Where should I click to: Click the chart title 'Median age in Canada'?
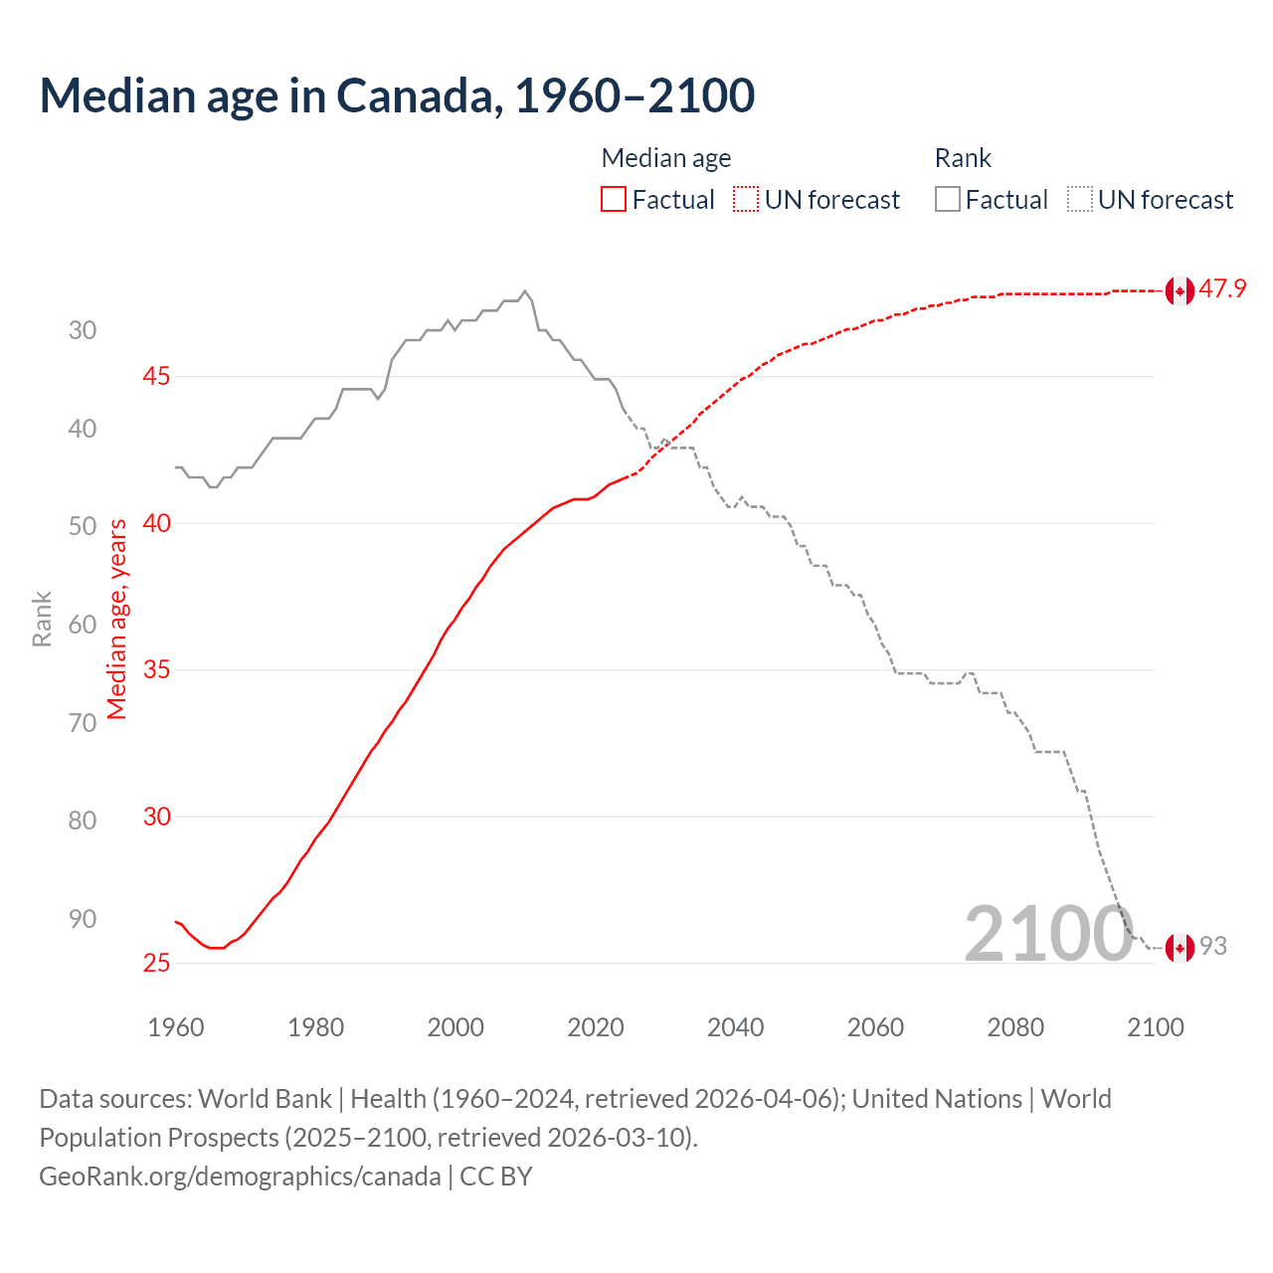(397, 95)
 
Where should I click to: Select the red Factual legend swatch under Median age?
(614, 200)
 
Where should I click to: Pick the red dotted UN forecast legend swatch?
(746, 200)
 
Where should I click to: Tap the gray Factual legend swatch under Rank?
(948, 200)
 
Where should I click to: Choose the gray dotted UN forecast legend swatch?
(1080, 200)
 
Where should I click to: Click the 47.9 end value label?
(1222, 289)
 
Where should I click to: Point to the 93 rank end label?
(1213, 947)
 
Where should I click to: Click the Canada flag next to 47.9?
(1180, 291)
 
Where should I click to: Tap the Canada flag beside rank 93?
(1180, 948)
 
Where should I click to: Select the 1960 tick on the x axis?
(176, 1027)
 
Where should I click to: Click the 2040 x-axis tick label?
(735, 1027)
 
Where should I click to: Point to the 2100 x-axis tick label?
(1155, 1027)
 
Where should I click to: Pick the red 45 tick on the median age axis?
(156, 377)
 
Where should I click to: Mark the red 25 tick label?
(156, 964)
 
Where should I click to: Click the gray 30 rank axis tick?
(83, 331)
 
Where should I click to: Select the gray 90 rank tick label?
(83, 919)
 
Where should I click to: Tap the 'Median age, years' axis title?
(117, 619)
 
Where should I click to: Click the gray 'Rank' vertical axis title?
(42, 619)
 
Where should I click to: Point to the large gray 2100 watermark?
(1048, 934)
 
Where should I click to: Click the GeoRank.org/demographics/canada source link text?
(240, 1177)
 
